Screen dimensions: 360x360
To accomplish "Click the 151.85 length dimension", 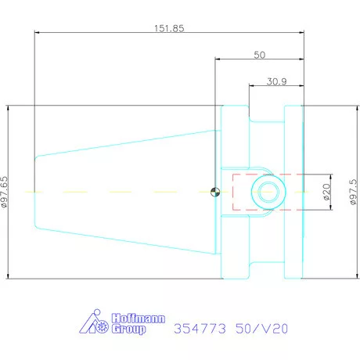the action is [x=169, y=28].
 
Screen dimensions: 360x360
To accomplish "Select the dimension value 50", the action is [x=260, y=55].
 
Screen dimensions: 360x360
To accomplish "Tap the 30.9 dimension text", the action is [x=276, y=81].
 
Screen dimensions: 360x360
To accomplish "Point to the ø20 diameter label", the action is [x=326, y=192].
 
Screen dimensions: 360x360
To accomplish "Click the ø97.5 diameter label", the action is [x=354, y=192].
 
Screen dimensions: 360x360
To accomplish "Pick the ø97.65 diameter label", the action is [x=5, y=192].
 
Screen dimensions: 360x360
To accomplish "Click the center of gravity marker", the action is [x=215, y=192].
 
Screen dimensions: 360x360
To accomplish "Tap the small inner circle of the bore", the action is [x=268, y=192].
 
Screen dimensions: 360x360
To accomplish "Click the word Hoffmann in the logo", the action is [x=139, y=319].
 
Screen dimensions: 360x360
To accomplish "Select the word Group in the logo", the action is [x=128, y=329].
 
